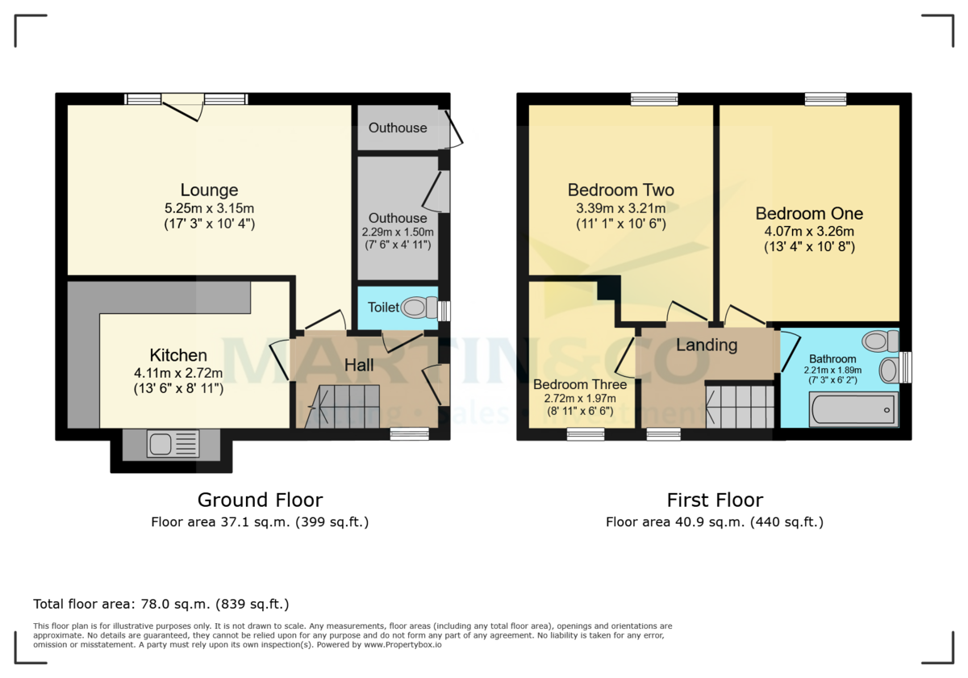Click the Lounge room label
tap(209, 190)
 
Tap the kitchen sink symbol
tap(173, 445)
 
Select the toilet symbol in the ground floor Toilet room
tap(416, 308)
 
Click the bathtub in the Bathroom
tap(853, 410)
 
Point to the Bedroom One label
tap(809, 214)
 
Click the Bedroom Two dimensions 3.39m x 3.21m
tap(620, 208)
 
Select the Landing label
tap(707, 345)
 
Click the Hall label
tap(359, 366)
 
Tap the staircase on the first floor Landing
tap(740, 406)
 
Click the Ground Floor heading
tap(260, 500)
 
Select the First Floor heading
tap(714, 500)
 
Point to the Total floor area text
tap(161, 604)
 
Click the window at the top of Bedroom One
tap(825, 99)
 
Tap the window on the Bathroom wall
tap(905, 367)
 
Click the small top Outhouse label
tap(398, 128)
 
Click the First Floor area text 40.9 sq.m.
tap(714, 522)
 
